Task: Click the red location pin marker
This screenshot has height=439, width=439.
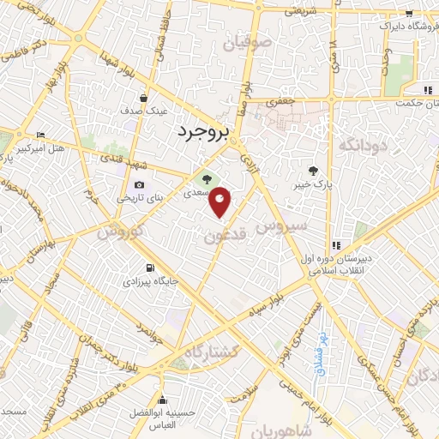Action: (220, 202)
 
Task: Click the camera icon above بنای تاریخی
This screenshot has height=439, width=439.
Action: (139, 185)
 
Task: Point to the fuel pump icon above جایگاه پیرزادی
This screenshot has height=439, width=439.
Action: (151, 267)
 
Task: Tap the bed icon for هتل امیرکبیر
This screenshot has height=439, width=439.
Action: (40, 135)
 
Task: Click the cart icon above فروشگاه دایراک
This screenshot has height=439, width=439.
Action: (409, 13)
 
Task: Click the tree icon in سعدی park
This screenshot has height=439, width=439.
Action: (206, 179)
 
